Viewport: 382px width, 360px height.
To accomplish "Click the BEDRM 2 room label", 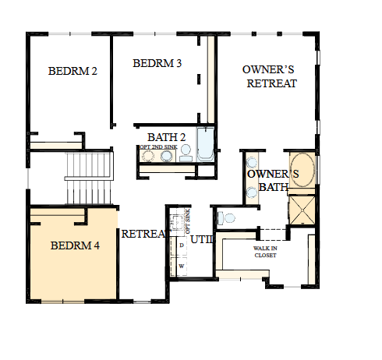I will pyautogui.click(x=73, y=71).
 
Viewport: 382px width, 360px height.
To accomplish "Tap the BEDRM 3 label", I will pyautogui.click(x=157, y=63).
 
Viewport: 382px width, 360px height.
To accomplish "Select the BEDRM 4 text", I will pyautogui.click(x=75, y=245).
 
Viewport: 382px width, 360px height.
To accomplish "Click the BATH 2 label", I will pyautogui.click(x=167, y=137).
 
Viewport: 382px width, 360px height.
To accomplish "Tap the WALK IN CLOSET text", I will pyautogui.click(x=265, y=251).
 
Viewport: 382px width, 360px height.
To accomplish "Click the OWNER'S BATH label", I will pyautogui.click(x=268, y=180).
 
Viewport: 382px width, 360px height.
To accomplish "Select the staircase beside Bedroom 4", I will pyautogui.click(x=85, y=178).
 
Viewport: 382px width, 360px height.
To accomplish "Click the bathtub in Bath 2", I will pyautogui.click(x=206, y=143).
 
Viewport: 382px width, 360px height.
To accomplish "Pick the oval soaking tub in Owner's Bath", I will pyautogui.click(x=302, y=172).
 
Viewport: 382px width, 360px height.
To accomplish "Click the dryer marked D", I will pyautogui.click(x=182, y=245).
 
